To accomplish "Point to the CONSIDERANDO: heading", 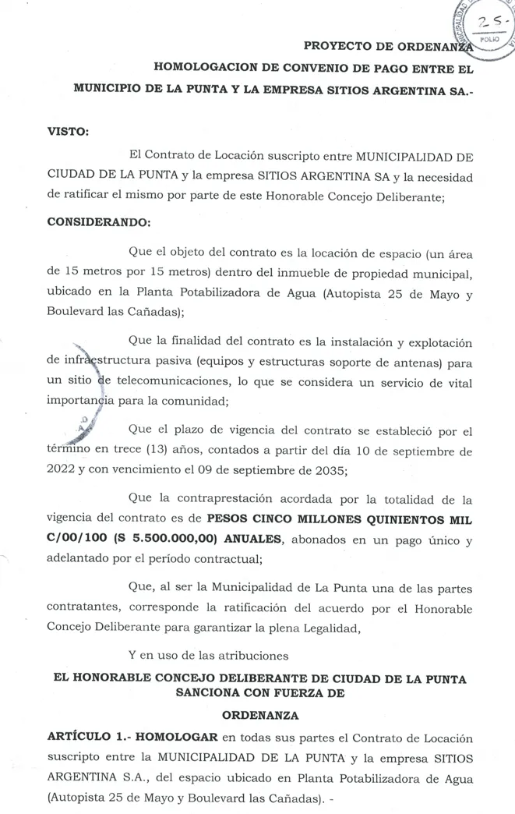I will coord(99,221).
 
